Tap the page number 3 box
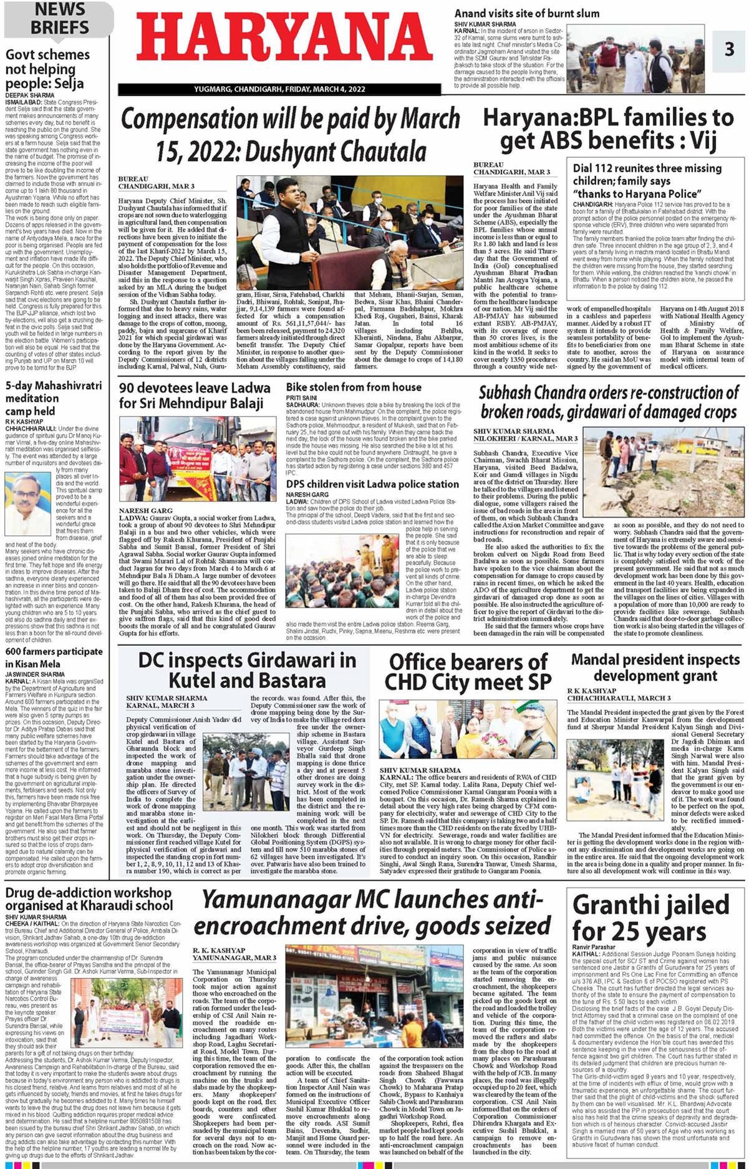click(729, 49)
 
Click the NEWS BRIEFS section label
click(59, 19)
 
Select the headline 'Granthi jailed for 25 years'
click(650, 918)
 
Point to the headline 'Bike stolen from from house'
click(354, 387)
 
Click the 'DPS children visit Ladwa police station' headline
click(372, 484)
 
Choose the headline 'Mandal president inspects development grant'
click(655, 667)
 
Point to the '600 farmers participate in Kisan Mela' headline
click(54, 657)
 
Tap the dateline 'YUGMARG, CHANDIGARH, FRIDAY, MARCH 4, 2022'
click(279, 89)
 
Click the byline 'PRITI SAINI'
click(301, 397)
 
